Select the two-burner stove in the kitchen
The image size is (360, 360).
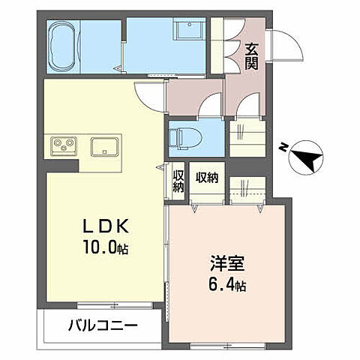[x=62, y=145]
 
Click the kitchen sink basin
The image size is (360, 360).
[x=103, y=145]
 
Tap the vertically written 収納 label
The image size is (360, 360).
[x=178, y=181]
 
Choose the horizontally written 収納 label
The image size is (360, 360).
[x=207, y=178]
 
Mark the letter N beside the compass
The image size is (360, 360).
[x=281, y=146]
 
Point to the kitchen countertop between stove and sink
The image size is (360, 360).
[x=82, y=145]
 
